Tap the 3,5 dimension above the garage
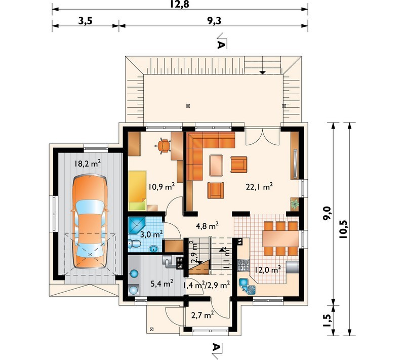click(x=86, y=21)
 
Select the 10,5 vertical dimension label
click(x=344, y=229)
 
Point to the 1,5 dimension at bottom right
click(x=327, y=321)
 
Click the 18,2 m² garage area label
click(x=88, y=163)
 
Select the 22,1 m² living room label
click(x=259, y=186)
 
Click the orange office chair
click(x=164, y=146)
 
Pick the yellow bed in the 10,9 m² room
click(x=137, y=190)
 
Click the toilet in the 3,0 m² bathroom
click(x=135, y=244)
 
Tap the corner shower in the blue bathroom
click(x=137, y=225)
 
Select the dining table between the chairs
click(x=280, y=238)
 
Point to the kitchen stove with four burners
click(x=244, y=265)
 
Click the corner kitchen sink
click(x=247, y=287)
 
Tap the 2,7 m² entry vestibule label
click(x=202, y=315)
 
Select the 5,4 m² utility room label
click(x=161, y=284)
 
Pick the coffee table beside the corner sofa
click(x=216, y=165)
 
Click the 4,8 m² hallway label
click(x=207, y=226)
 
